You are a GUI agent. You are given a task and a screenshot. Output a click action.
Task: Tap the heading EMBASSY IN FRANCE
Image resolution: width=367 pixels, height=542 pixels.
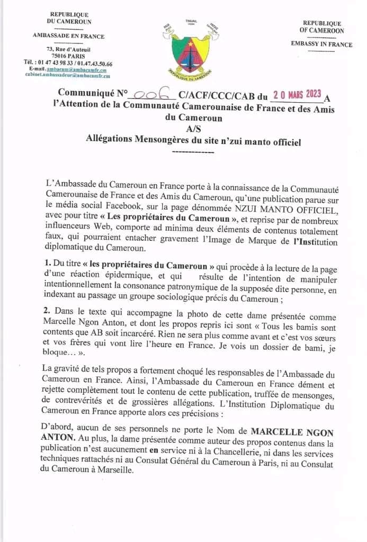coord(321,44)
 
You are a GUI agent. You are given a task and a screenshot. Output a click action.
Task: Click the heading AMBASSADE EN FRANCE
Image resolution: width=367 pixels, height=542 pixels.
coord(69,37)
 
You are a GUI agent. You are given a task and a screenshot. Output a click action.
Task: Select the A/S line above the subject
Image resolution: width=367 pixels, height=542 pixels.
coord(193,129)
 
